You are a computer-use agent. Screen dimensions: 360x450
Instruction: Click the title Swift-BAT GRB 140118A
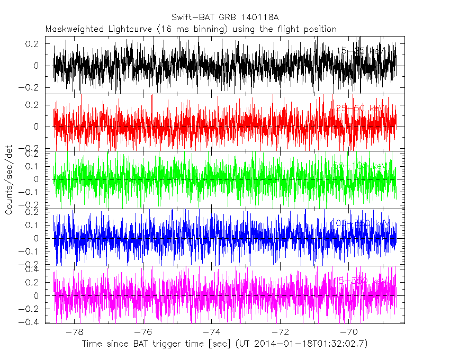pos(225,17)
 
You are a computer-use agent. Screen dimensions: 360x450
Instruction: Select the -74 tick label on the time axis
pos(211,331)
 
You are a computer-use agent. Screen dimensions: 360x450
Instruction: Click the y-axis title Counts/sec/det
pos(9,180)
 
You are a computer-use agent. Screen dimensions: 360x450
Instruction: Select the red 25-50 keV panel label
pos(360,108)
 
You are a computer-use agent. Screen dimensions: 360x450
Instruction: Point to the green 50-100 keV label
pos(360,166)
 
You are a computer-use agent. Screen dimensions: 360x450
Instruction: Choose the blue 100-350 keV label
pos(360,223)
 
